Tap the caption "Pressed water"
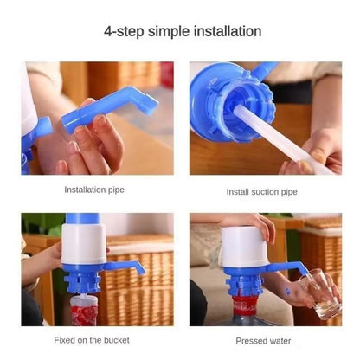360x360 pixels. tap(263, 340)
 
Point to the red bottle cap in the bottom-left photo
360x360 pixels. tap(83, 307)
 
